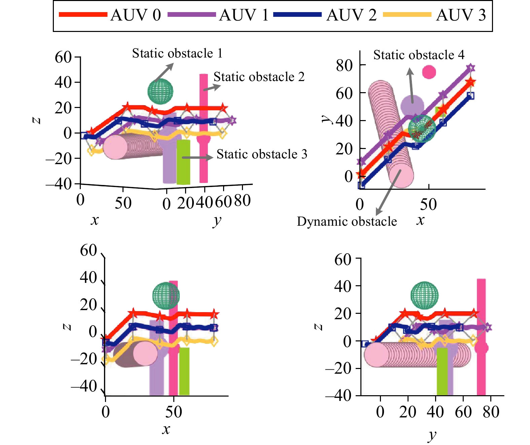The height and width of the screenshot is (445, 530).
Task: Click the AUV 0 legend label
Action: click(136, 15)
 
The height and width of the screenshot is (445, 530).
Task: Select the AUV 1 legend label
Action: click(244, 15)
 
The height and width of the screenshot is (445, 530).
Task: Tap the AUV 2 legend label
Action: click(351, 15)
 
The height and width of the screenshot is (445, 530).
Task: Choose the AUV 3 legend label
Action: click(461, 15)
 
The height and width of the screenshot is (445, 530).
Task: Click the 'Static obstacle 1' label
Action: click(177, 53)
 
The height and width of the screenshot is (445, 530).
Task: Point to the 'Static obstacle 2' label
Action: click(259, 77)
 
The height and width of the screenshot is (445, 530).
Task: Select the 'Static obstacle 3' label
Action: click(262, 154)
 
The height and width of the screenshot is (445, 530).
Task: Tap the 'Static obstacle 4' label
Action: click(419, 55)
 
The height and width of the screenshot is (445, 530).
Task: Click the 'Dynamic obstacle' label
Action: click(347, 221)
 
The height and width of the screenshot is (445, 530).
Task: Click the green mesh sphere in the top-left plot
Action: click(161, 91)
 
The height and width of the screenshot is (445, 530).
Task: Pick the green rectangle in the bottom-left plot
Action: click(184, 371)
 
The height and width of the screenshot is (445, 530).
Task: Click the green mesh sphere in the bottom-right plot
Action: click(424, 295)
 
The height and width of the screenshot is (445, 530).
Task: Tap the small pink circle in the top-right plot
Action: click(429, 72)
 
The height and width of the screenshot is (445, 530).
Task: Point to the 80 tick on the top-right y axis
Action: click(344, 66)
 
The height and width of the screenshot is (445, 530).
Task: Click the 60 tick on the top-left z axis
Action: click(63, 57)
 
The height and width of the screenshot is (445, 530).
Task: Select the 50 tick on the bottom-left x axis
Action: click(174, 412)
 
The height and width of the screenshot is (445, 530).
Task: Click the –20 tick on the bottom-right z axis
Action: click(338, 368)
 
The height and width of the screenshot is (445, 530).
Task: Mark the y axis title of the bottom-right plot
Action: click(432, 435)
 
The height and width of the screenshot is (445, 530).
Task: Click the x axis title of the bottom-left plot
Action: click(166, 430)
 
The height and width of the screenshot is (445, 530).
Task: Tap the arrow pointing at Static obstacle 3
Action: click(198, 157)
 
